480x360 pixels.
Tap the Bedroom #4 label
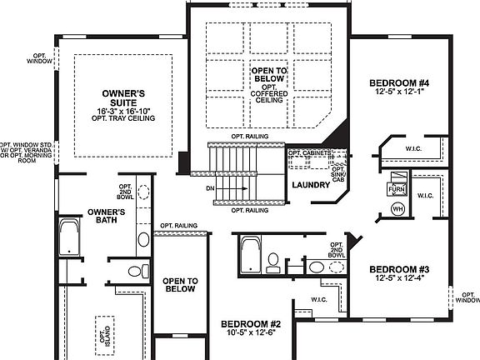[x=400, y=84]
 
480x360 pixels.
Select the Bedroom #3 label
[x=399, y=269]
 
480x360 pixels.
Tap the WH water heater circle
[x=397, y=208]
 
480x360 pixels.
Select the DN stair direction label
[x=211, y=189]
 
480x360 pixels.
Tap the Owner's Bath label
[x=106, y=216]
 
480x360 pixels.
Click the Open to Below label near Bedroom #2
[x=180, y=285]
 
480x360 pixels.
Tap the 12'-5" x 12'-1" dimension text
[x=400, y=93]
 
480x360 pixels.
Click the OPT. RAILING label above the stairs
[x=249, y=137]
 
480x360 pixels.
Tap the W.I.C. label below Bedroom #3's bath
[x=320, y=299]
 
